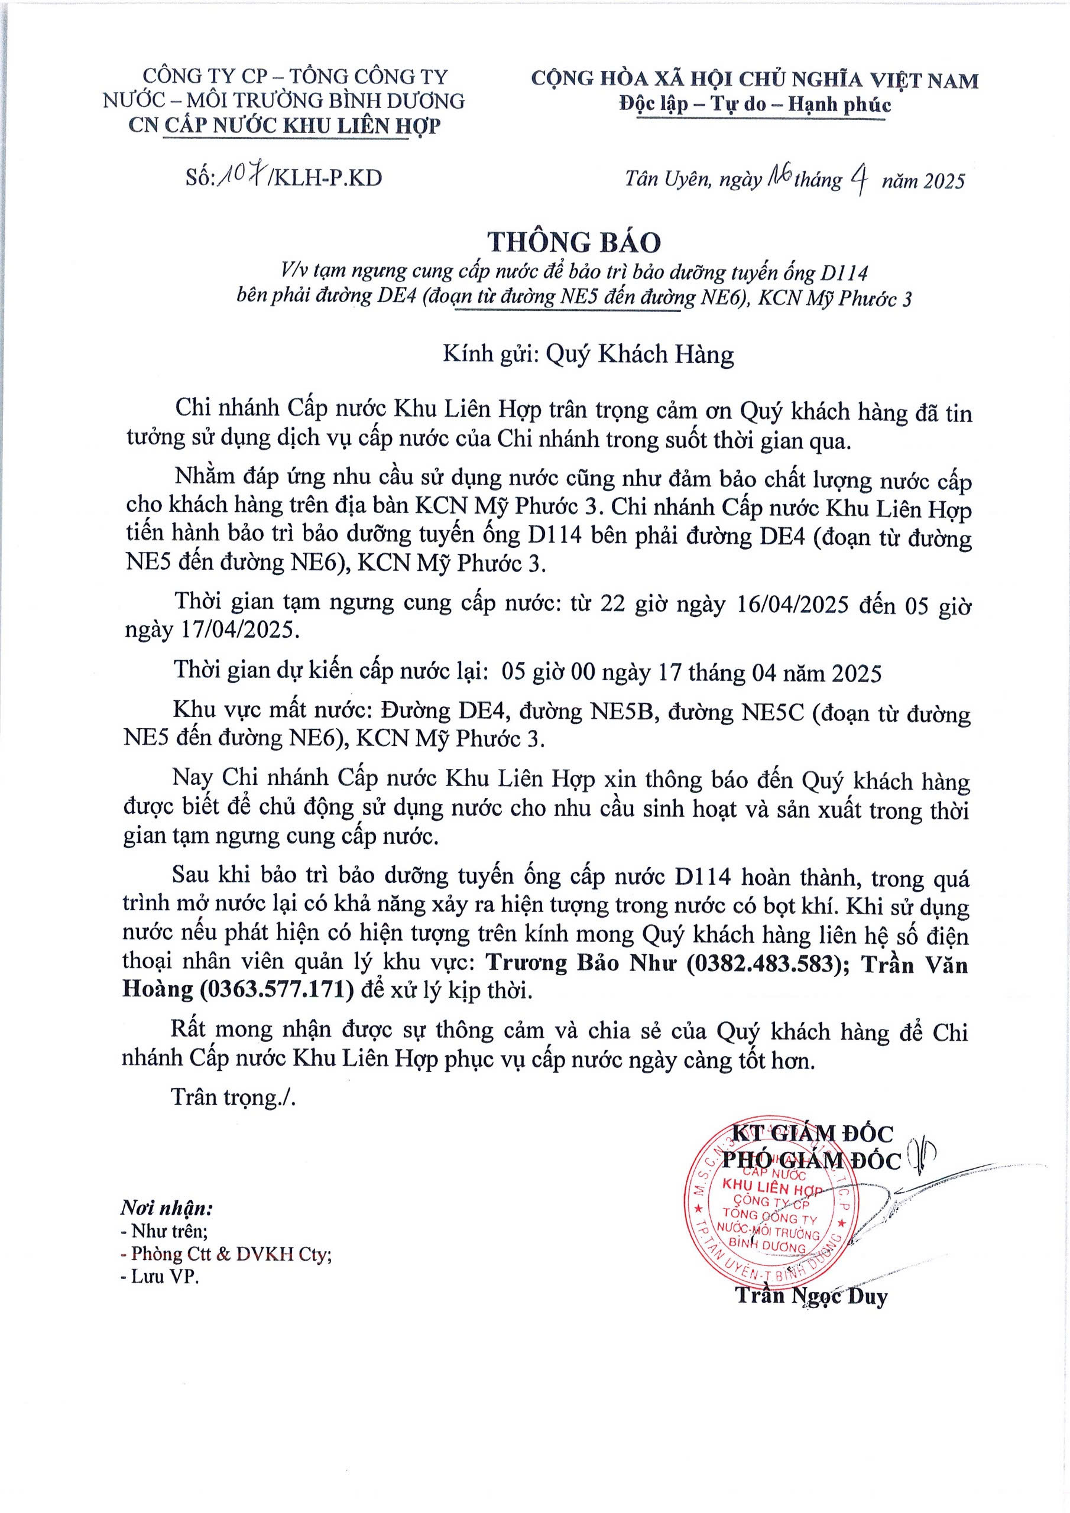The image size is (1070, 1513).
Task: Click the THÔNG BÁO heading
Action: tap(573, 243)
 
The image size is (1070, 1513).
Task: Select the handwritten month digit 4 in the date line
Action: tap(858, 178)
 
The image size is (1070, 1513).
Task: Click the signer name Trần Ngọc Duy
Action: tap(812, 1296)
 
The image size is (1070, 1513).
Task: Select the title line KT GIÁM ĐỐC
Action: tap(812, 1134)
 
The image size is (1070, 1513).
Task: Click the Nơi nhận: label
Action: tap(166, 1209)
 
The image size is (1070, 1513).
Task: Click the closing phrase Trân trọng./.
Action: tap(234, 1096)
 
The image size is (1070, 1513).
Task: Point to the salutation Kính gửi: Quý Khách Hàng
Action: tap(588, 355)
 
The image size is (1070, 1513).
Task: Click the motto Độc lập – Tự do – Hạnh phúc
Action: tap(755, 104)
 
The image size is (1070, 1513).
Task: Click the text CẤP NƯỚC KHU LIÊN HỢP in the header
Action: tap(301, 125)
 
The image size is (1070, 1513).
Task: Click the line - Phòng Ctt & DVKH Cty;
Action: tap(227, 1254)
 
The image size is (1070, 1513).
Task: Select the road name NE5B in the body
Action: tap(622, 712)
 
